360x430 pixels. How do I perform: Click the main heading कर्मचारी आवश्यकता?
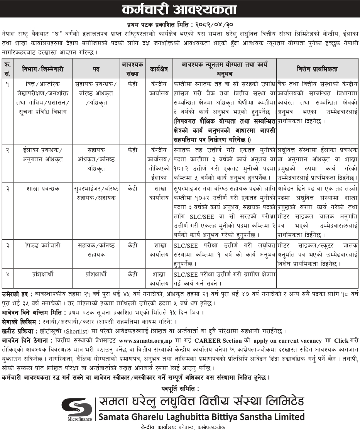coord(180,9)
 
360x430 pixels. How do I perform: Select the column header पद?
coord(96,69)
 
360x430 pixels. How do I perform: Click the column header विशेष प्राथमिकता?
coord(317,69)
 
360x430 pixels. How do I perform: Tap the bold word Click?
coord(341,341)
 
